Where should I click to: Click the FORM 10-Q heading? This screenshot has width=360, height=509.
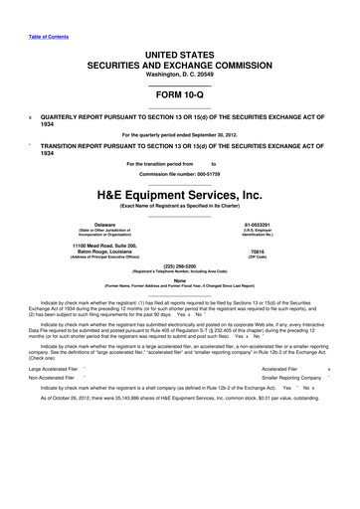[x=180, y=97]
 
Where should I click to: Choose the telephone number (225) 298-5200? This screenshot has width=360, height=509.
[x=180, y=265]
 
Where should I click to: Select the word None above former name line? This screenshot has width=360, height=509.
[x=180, y=279]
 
